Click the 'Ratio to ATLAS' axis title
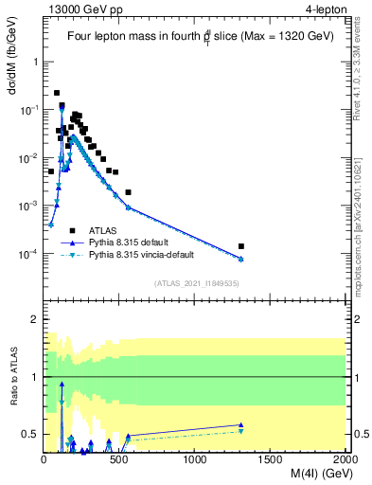point(13,377)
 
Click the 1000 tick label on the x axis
point(195,459)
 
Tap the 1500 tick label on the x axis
point(271,459)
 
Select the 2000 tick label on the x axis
point(345,459)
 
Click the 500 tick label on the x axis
point(120,459)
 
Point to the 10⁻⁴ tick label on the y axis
point(28,254)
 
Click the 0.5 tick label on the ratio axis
point(29,435)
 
